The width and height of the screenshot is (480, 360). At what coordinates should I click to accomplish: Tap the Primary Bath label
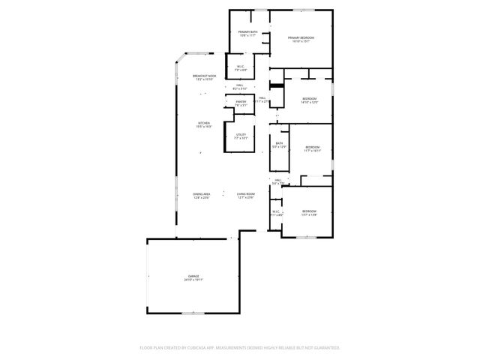pos(248,31)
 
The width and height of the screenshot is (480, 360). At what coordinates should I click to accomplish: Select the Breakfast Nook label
pos(205,76)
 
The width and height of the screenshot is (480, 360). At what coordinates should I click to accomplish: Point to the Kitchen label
pos(204,123)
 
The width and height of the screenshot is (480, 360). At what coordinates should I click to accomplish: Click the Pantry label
pos(241,102)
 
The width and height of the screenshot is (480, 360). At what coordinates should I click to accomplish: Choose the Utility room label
pos(241,135)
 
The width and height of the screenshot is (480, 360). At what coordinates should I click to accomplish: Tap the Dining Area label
pos(201,194)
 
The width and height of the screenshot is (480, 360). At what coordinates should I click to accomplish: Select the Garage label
pos(194,276)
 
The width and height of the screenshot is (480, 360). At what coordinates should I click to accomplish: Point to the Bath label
pos(279,143)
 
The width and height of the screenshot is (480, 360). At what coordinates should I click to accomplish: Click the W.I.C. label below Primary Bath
pos(241,67)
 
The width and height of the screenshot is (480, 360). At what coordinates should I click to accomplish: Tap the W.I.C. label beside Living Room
pos(275,211)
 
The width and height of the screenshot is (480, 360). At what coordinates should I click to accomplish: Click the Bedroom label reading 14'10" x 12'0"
pos(310,99)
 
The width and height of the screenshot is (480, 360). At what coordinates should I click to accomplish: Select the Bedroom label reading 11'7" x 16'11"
pos(312,147)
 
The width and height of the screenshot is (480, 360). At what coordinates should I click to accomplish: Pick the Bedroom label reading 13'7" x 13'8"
pos(309,211)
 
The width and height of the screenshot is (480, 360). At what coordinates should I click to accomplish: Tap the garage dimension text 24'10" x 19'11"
pos(194,280)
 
